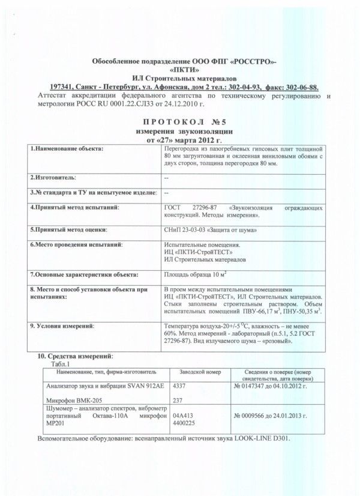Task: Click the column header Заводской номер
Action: click(197, 372)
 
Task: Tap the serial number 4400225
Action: click(185, 422)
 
